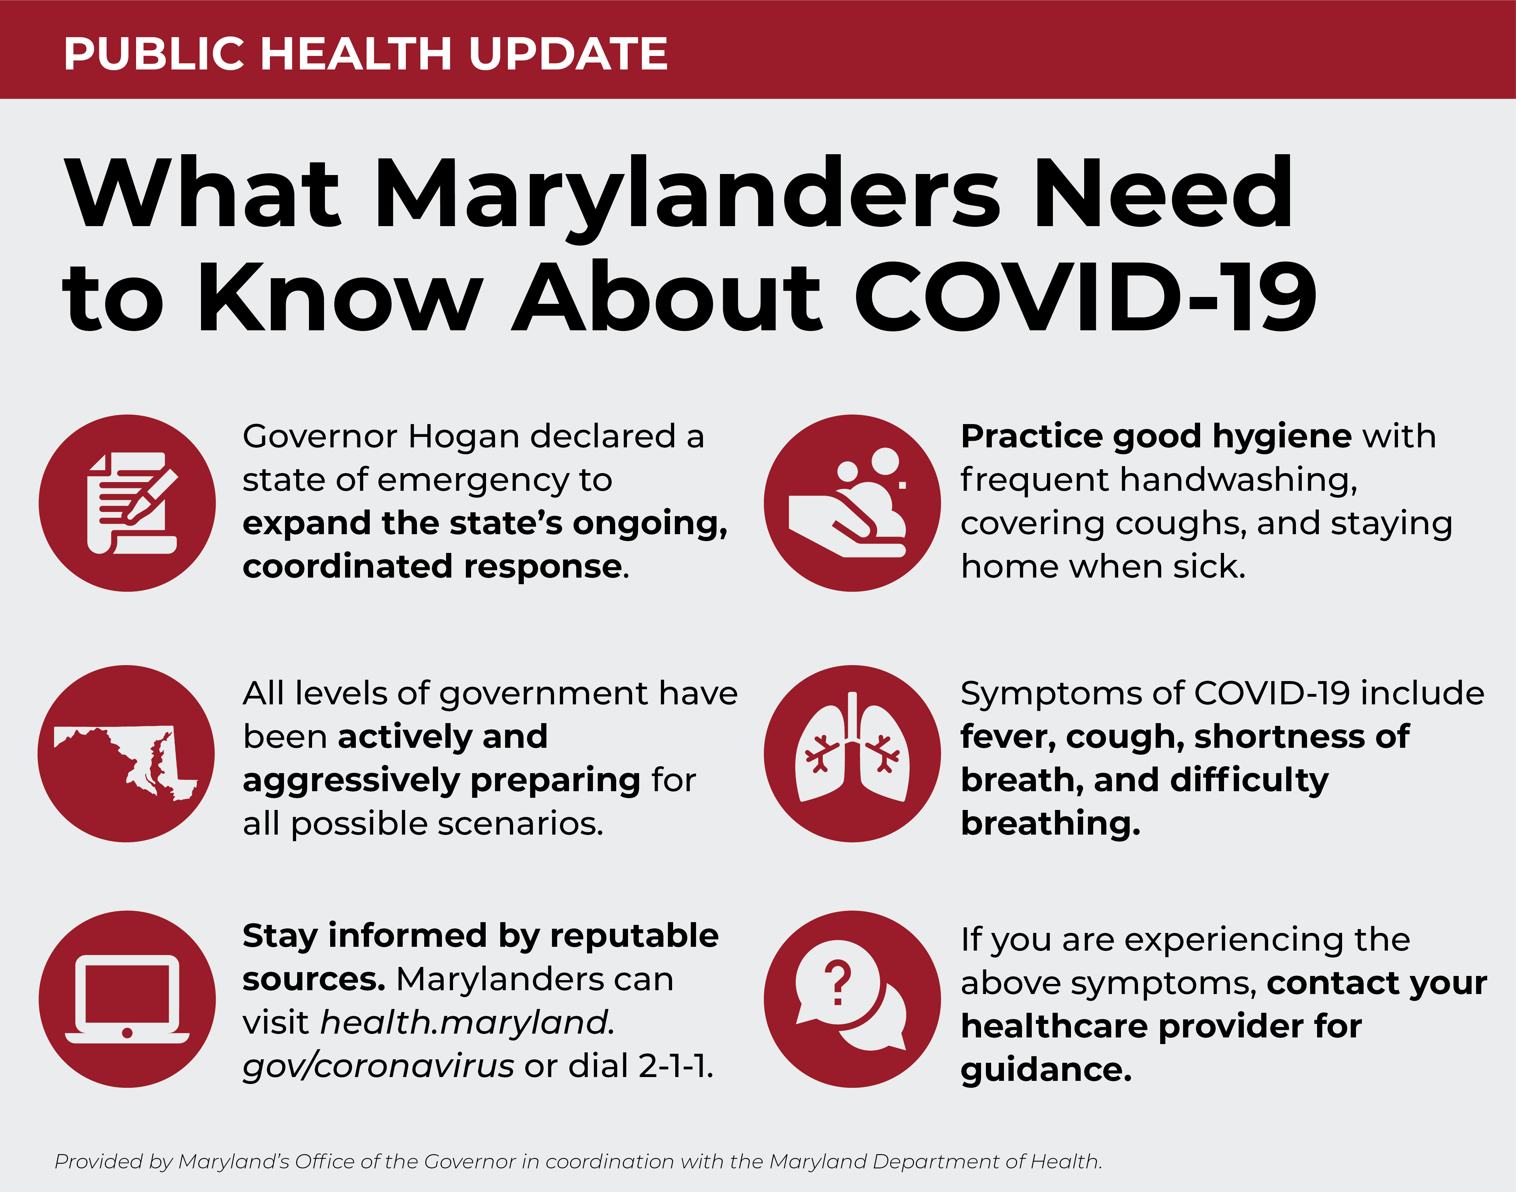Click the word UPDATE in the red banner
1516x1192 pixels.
click(x=568, y=54)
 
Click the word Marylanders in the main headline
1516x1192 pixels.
click(x=689, y=196)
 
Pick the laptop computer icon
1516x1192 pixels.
click(x=127, y=999)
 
